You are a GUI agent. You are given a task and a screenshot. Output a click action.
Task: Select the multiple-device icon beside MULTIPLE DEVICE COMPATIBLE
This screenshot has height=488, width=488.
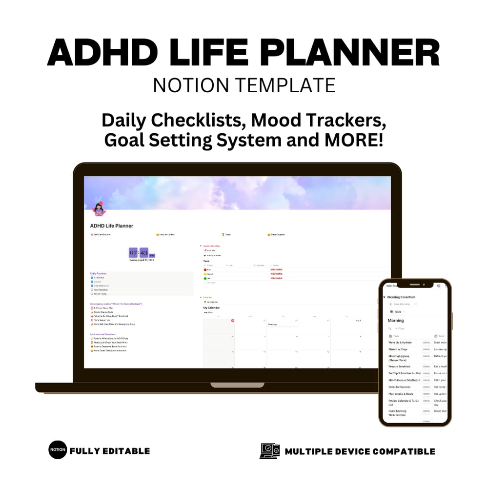(269, 451)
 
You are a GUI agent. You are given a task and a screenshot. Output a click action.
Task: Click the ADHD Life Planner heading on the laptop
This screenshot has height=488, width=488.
(112, 226)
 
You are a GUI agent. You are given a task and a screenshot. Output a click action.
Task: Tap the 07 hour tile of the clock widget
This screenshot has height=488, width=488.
(133, 252)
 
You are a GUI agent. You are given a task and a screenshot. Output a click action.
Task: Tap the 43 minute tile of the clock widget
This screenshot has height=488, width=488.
(144, 252)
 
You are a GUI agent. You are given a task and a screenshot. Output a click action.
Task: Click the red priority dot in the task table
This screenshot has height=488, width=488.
(205, 269)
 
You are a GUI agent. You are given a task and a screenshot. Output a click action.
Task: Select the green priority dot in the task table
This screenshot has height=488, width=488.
(205, 278)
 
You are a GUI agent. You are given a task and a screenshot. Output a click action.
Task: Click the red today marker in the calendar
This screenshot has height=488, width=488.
(233, 321)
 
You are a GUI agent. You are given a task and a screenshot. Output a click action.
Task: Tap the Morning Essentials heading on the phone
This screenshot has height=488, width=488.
(402, 297)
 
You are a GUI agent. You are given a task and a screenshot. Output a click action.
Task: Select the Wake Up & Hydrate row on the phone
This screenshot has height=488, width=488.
(400, 343)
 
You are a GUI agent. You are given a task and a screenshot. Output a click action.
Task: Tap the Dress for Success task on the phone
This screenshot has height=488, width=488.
(400, 387)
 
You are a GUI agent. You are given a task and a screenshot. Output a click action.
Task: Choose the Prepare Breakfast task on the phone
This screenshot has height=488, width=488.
(400, 366)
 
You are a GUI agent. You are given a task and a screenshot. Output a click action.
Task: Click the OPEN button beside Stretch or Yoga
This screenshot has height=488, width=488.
(426, 349)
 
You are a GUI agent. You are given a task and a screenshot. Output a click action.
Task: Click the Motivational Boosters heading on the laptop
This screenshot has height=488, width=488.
(106, 334)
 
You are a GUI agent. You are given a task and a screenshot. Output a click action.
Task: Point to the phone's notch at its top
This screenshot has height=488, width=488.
(414, 285)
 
